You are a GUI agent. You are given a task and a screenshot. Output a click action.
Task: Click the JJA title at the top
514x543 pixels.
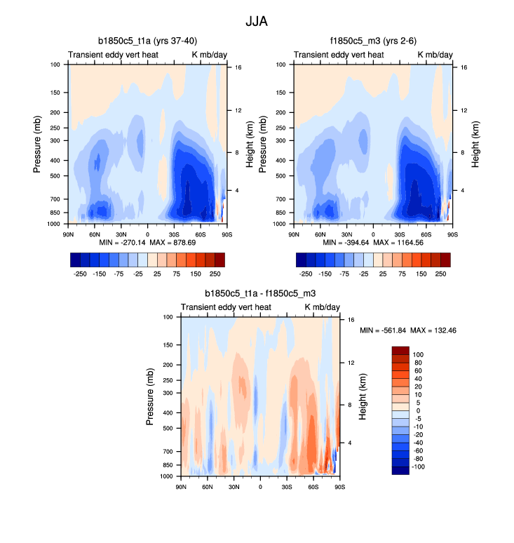click(257, 21)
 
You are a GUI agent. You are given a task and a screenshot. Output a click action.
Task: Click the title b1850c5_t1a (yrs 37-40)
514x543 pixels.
click(148, 41)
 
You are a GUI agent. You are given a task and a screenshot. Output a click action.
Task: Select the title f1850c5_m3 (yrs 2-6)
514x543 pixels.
click(374, 41)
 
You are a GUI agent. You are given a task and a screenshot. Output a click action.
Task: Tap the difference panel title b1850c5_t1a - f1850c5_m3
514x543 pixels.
click(260, 293)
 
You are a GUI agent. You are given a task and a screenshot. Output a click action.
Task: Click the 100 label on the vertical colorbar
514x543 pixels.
click(419, 355)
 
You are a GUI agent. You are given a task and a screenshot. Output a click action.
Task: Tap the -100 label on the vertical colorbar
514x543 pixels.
click(418, 467)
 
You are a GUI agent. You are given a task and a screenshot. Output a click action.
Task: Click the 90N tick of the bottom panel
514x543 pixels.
click(181, 486)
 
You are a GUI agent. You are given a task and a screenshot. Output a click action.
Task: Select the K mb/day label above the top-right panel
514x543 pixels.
click(435, 55)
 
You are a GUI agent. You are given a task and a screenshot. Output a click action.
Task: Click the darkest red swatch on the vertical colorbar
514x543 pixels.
click(399, 351)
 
